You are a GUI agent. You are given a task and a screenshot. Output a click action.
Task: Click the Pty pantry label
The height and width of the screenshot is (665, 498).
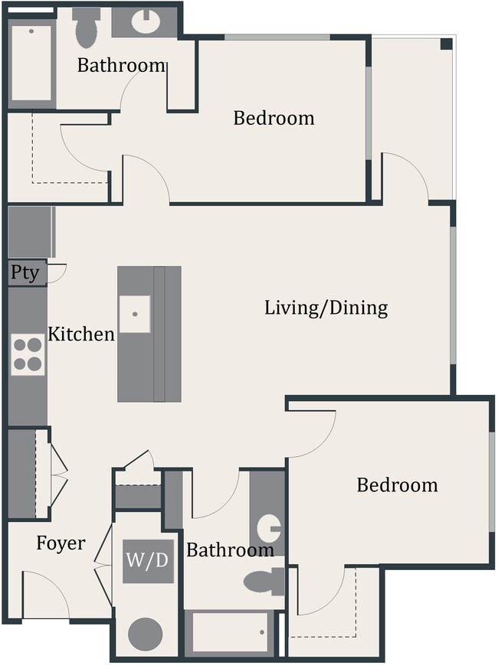(25, 273)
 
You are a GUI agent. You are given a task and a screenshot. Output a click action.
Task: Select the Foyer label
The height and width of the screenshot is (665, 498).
(61, 543)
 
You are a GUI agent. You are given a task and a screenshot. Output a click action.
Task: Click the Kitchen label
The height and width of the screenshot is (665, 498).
(81, 334)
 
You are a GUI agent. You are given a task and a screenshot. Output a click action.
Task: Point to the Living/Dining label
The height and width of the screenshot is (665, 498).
(326, 308)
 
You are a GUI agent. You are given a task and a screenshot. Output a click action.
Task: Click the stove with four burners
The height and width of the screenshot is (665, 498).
(28, 355)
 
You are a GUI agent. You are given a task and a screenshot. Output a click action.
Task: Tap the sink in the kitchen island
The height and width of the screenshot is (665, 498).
(135, 313)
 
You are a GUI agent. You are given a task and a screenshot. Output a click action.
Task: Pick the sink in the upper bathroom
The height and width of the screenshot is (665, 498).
(145, 21)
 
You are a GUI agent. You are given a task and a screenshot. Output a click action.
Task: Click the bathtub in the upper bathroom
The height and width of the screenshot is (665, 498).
(31, 64)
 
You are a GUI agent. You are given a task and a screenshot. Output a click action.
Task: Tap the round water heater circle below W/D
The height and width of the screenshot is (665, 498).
(145, 634)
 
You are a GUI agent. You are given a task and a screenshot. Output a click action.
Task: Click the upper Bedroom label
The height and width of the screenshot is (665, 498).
(274, 119)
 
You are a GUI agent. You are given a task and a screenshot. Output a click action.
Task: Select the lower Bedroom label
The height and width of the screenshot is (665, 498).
(397, 485)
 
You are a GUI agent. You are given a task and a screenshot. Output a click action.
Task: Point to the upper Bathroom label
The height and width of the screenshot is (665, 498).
(121, 66)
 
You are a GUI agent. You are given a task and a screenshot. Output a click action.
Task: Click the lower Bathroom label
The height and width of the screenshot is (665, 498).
(230, 549)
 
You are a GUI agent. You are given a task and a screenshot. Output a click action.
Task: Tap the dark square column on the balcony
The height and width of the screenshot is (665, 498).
(446, 44)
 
